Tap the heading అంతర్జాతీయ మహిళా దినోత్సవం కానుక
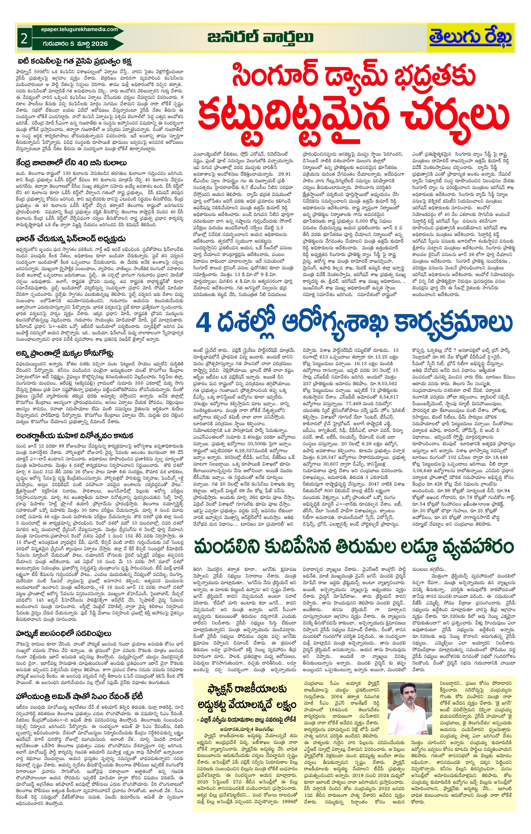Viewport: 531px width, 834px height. pos(74,435)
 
